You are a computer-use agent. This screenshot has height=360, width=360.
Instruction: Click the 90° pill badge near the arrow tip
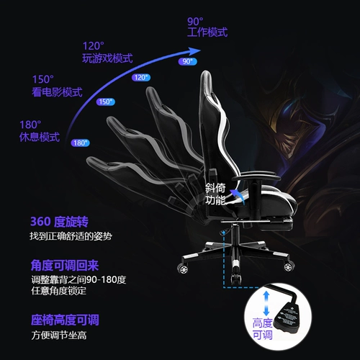(187, 61)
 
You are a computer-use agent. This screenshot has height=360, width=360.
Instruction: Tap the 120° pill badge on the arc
(141, 78)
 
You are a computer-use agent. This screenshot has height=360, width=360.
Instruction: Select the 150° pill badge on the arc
(106, 102)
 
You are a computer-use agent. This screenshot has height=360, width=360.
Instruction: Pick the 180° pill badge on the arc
(80, 143)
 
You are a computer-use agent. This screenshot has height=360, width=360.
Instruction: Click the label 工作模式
(207, 32)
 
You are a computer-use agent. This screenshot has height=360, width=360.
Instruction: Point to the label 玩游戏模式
(107, 58)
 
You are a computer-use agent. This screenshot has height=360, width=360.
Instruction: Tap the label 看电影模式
(57, 92)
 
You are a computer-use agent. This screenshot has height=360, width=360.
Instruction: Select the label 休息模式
(40, 138)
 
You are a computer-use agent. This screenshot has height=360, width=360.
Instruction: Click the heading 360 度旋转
(59, 222)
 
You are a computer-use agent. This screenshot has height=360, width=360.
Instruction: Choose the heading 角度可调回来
(65, 266)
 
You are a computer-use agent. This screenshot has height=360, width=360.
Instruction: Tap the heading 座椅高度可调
(65, 320)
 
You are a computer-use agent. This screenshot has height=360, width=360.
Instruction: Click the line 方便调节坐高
(59, 336)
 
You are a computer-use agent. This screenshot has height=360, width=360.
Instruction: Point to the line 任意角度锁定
(58, 291)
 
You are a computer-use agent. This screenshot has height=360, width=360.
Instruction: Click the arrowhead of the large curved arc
(194, 51)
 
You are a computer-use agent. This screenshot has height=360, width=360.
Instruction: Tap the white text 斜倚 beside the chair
(215, 189)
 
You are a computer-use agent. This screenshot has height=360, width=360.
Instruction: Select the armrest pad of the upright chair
(256, 176)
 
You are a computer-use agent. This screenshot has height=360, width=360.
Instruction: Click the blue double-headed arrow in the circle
(266, 303)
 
